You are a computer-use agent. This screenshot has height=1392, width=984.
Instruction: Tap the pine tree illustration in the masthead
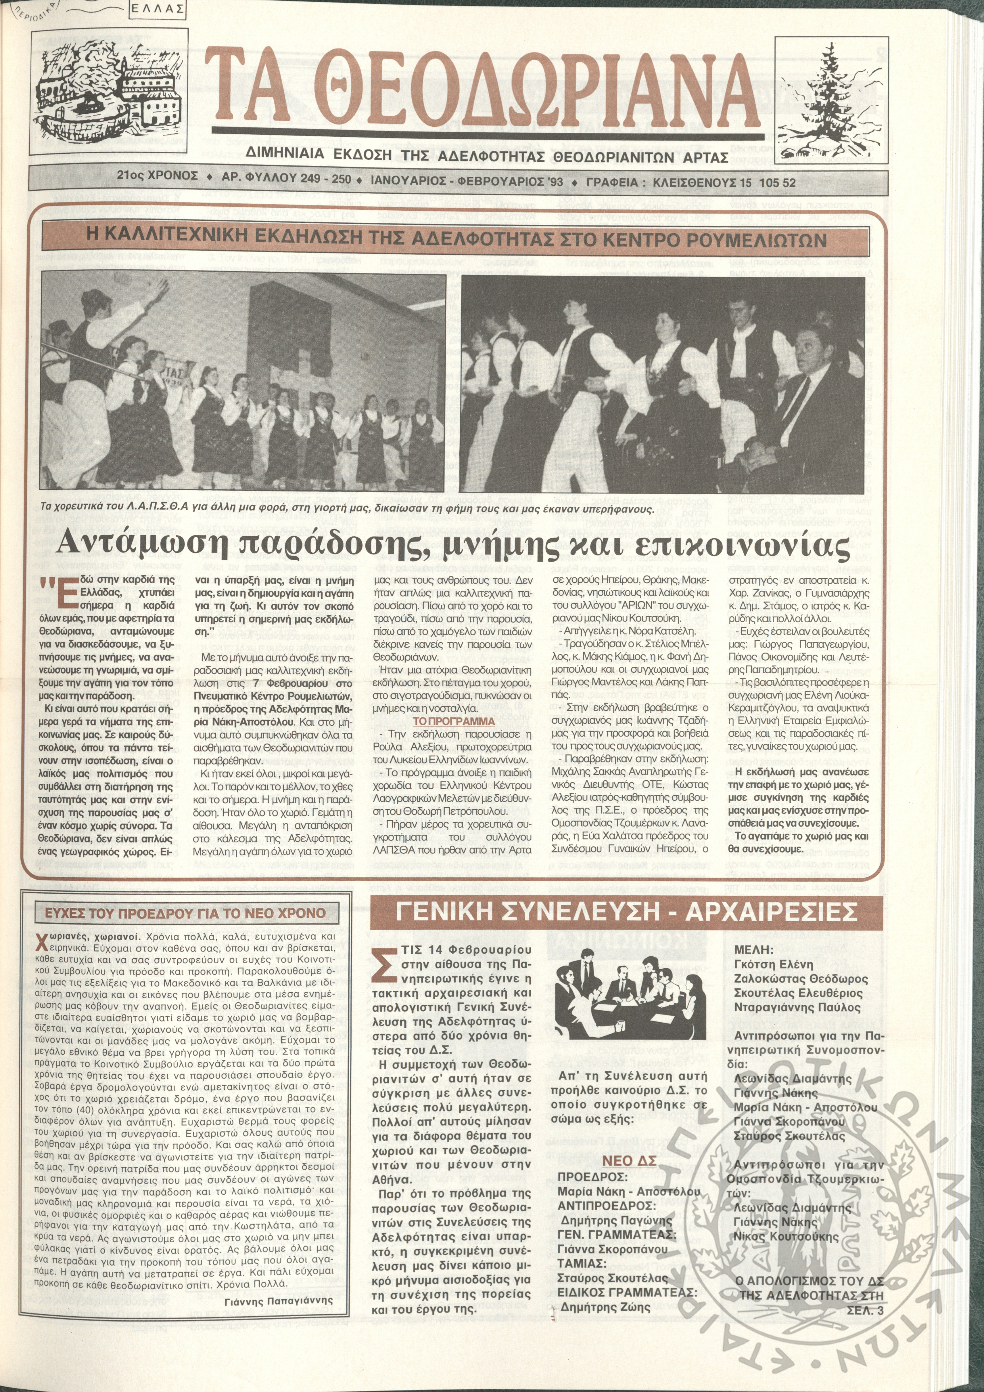826,91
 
